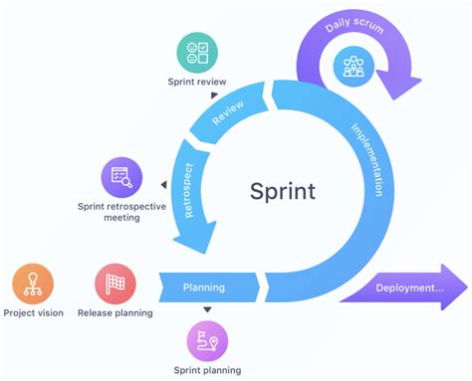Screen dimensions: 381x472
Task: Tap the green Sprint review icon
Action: (197, 52)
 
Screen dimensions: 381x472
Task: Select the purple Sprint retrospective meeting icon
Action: (121, 177)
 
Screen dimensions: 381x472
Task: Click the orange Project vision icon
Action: (32, 285)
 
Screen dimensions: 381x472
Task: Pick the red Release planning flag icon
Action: (115, 285)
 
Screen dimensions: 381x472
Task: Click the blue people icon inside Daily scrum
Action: (354, 67)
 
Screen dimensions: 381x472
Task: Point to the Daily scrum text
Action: (354, 23)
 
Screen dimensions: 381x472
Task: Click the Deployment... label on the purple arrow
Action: (409, 288)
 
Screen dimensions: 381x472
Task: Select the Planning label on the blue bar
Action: (203, 287)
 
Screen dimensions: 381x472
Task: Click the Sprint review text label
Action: (197, 82)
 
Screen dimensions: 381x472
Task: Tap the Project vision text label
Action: (32, 312)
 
